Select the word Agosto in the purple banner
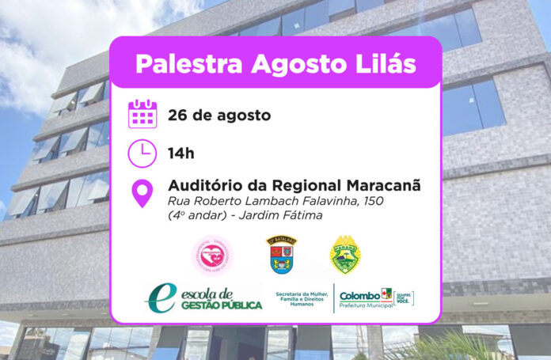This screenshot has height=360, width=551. pos(290,63)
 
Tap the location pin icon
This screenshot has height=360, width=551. pos(142,193)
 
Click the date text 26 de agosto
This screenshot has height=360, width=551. pos(219,115)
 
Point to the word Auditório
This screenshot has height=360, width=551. pos(206,187)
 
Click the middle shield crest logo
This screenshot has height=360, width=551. pos(281,254)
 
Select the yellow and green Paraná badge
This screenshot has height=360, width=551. pos(345,254)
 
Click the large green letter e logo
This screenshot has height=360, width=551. pos(159,297)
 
